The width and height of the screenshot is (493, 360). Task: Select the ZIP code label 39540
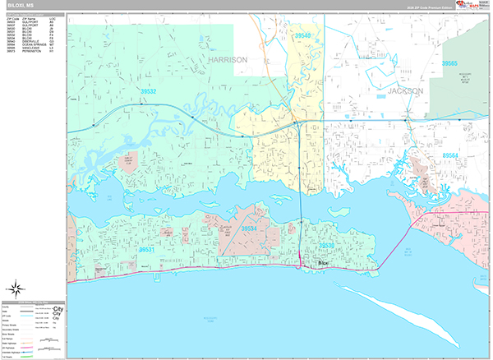pyautogui.click(x=303, y=36)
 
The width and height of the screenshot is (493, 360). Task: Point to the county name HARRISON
pyautogui.click(x=228, y=60)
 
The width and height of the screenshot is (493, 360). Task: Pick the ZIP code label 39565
pyautogui.click(x=449, y=63)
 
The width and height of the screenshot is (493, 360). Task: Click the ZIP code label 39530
pyautogui.click(x=326, y=245)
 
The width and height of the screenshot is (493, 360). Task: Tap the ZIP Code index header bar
pyautogui.click(x=33, y=16)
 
